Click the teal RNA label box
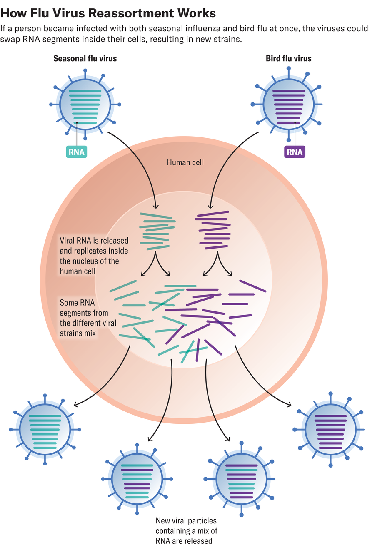[77, 152]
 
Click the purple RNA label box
[295, 152]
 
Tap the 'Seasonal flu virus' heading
[85, 59]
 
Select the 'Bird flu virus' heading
[288, 59]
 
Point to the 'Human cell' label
[185, 162]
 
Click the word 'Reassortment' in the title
[129, 13]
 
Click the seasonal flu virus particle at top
[85, 104]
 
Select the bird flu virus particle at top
[289, 104]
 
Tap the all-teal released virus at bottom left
[45, 429]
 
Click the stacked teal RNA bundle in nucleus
[156, 231]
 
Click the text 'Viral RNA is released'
[94, 241]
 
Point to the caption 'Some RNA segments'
[84, 308]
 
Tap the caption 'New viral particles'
[186, 520]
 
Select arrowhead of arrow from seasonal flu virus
[156, 207]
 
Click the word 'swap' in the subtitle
[10, 40]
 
